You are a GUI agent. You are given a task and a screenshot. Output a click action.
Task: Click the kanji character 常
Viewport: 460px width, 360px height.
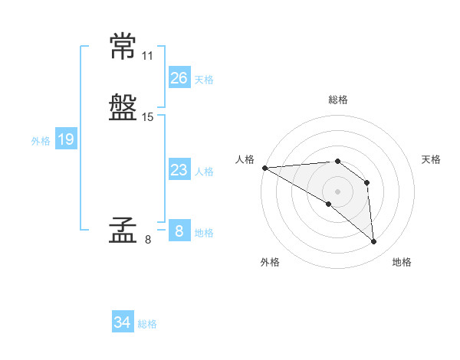pyautogui.click(x=123, y=47)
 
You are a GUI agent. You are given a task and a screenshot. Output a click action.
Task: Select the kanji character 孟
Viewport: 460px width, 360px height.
pyautogui.click(x=123, y=231)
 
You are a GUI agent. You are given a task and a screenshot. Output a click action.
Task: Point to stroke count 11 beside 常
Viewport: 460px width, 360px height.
pyautogui.click(x=148, y=56)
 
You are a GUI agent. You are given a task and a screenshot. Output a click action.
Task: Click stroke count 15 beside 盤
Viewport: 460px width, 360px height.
pyautogui.click(x=148, y=117)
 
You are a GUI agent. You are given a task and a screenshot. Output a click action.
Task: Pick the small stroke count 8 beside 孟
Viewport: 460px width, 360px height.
pyautogui.click(x=148, y=240)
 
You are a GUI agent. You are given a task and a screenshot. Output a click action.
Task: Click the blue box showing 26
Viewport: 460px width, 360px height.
pyautogui.click(x=179, y=78)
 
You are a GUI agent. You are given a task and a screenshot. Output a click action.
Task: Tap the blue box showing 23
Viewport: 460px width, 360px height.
pyautogui.click(x=179, y=170)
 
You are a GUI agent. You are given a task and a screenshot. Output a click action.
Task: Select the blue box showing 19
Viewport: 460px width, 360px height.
pyautogui.click(x=66, y=139)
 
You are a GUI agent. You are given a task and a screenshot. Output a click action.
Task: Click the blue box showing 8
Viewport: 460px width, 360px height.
pyautogui.click(x=179, y=231)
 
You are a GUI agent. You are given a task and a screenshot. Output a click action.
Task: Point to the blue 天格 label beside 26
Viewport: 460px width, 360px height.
pyautogui.click(x=204, y=80)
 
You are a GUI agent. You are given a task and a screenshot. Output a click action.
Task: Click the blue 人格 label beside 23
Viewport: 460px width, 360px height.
pyautogui.click(x=204, y=172)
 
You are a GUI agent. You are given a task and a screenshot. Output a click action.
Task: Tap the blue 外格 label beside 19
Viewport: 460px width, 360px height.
pyautogui.click(x=41, y=141)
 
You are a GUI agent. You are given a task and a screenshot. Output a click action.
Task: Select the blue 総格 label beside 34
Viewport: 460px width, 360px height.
pyautogui.click(x=147, y=324)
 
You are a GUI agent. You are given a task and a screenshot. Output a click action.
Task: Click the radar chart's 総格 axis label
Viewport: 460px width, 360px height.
pyautogui.click(x=338, y=100)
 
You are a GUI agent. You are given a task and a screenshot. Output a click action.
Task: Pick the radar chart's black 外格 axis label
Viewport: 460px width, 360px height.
pyautogui.click(x=270, y=262)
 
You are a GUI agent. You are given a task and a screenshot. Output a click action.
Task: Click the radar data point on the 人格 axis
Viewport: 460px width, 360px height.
pyautogui.click(x=264, y=168)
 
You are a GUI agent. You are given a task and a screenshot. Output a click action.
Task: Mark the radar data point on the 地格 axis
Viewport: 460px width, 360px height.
pyautogui.click(x=373, y=241)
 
